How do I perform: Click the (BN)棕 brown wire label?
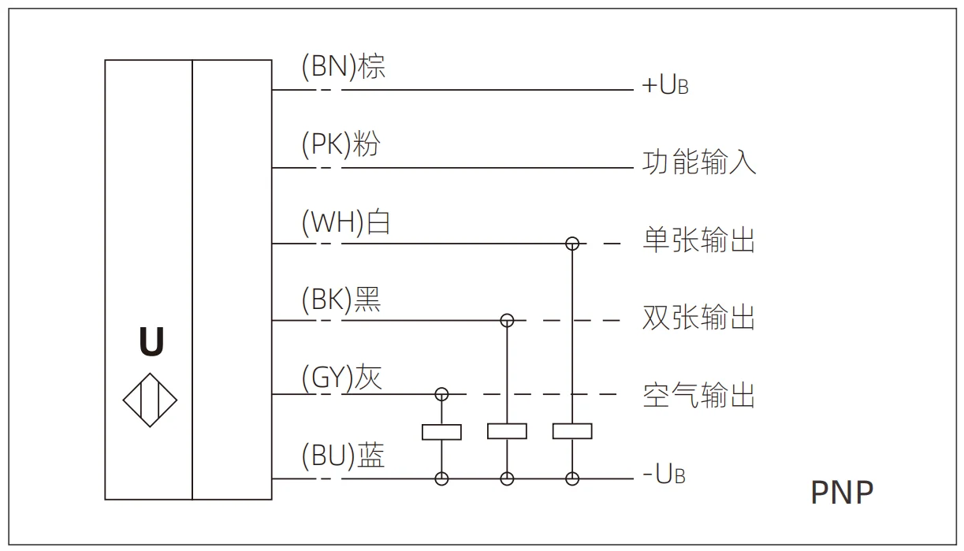click(x=344, y=68)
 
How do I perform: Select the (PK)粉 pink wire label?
click(x=341, y=145)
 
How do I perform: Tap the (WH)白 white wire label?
click(x=346, y=223)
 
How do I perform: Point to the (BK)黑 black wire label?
click(x=341, y=300)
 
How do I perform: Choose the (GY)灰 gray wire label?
click(x=342, y=378)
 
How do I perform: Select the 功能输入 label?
click(x=699, y=162)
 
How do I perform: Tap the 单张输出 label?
click(x=699, y=240)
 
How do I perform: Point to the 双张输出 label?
click(x=699, y=317)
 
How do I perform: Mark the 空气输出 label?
click(x=699, y=394)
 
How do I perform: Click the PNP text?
click(x=842, y=493)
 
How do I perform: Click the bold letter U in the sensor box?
click(x=151, y=342)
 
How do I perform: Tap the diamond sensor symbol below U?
click(x=151, y=400)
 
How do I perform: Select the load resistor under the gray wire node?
click(x=442, y=432)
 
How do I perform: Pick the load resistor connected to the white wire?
click(x=572, y=431)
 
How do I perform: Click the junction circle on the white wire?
click(x=573, y=244)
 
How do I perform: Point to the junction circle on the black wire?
click(x=508, y=320)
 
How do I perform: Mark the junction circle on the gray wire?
click(x=442, y=393)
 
